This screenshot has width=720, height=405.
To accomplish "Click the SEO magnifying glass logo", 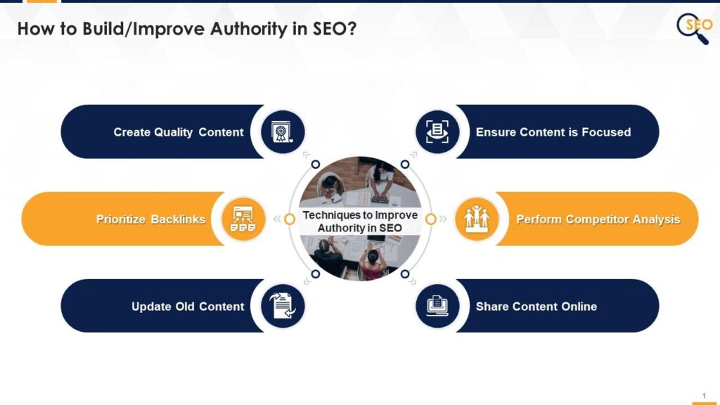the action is pos(694,28).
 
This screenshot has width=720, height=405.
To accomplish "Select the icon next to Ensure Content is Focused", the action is pos(437,132).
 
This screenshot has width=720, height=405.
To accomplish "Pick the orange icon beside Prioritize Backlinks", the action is pos(243,219).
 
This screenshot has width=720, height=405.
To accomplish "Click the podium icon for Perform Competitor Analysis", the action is pos(476,219).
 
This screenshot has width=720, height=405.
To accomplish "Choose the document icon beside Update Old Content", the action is pos(283,306).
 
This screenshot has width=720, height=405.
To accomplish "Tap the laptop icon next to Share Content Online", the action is pos(437,306).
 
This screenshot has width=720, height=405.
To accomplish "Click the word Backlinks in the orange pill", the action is pos(178,219).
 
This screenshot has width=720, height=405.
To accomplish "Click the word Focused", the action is pos(606,132).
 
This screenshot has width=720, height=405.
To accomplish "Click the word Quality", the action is pos(173,133).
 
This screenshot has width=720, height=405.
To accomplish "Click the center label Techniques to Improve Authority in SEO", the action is pos(360,221).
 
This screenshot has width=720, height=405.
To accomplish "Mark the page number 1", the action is pos(704,395).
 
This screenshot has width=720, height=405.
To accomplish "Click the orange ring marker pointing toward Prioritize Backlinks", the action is pos(290,219).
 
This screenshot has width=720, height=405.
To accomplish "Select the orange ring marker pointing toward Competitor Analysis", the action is pos(430,219).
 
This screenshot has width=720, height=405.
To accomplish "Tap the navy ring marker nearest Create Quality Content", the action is pos(316,164).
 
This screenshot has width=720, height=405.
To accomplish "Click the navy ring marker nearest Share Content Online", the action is pos(404,274).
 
